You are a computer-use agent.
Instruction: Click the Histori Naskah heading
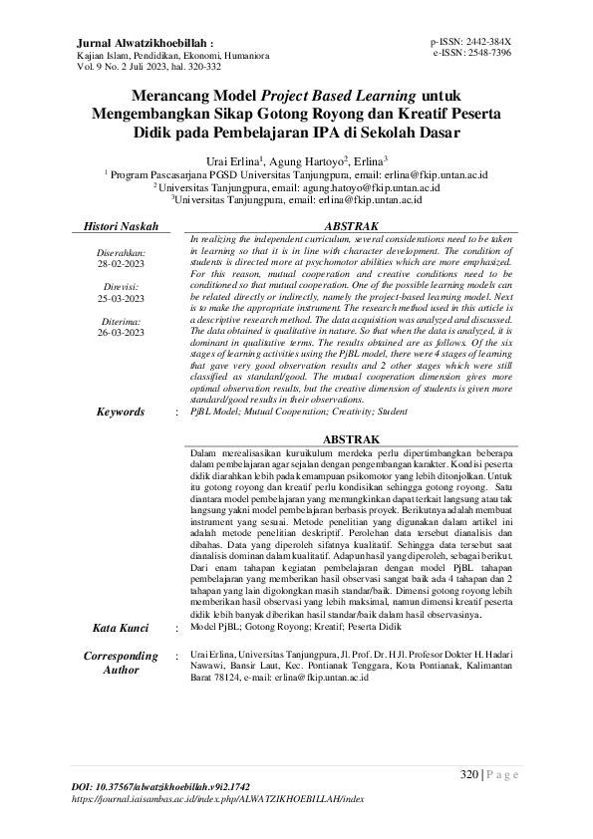[122, 227]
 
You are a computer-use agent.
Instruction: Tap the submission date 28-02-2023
[122, 265]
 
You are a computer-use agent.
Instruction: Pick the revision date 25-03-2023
[122, 298]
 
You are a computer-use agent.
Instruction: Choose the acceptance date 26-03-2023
[122, 332]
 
